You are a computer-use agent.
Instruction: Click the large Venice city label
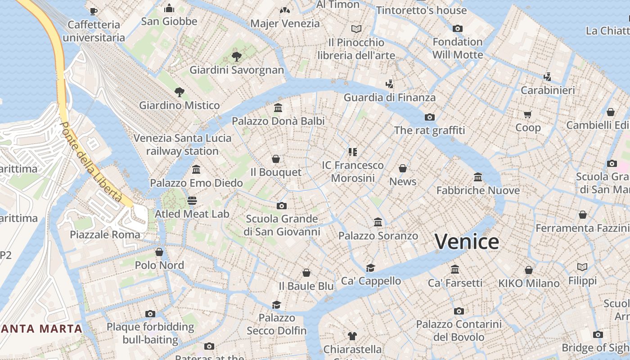[x=467, y=242]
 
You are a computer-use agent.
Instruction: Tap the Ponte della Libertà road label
[x=92, y=162]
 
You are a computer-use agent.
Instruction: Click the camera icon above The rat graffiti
[x=430, y=117]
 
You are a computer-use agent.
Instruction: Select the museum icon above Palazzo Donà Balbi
[x=278, y=108]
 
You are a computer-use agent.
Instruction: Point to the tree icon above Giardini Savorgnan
[x=236, y=57]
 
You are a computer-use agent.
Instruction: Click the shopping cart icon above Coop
[x=528, y=114]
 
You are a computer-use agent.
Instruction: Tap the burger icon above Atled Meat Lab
[x=192, y=201]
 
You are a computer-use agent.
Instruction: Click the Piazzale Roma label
[x=105, y=234]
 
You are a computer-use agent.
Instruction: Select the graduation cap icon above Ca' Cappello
[x=370, y=268]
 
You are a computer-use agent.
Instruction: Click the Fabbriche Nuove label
[x=478, y=190]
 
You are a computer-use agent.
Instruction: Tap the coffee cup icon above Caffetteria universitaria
[x=94, y=11]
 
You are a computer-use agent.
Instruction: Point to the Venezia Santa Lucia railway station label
[x=182, y=144]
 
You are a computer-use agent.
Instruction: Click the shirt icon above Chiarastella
[x=352, y=336]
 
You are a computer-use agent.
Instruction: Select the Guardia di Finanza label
[x=390, y=97]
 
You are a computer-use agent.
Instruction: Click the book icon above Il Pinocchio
[x=356, y=29]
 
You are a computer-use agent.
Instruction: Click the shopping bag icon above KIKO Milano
[x=529, y=270]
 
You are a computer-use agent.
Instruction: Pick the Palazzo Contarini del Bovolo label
[x=459, y=330]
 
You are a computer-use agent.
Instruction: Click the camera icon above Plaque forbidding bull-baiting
[x=150, y=314]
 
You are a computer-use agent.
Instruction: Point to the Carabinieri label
[x=548, y=90]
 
